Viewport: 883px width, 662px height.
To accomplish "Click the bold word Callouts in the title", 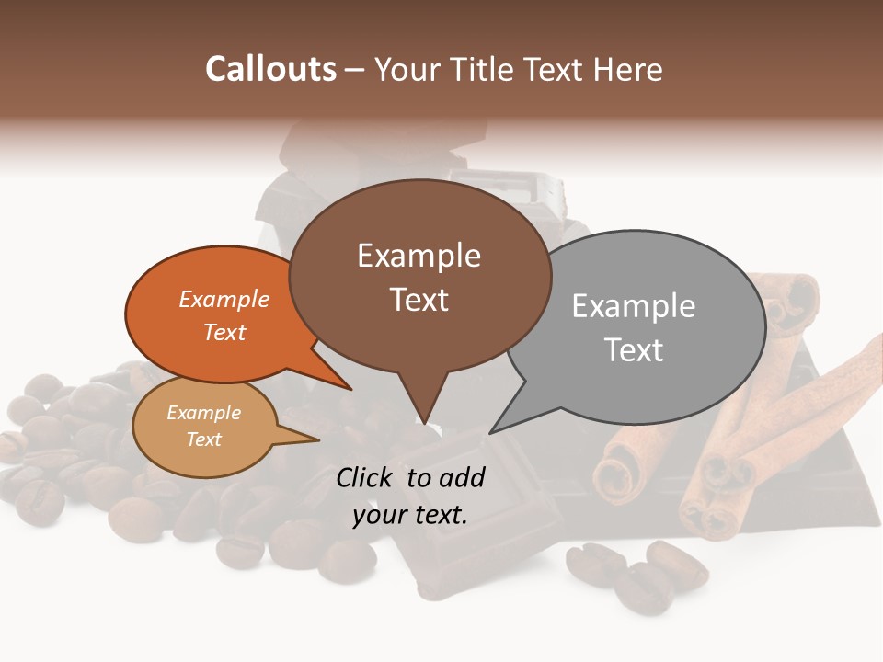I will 270,69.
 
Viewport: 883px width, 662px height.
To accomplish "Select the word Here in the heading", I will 630,69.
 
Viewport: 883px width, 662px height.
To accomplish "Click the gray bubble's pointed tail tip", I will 491,432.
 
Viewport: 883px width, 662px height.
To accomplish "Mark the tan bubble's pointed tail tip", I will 317,440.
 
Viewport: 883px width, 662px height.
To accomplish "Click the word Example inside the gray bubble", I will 634,306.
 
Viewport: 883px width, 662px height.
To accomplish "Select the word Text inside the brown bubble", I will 419,300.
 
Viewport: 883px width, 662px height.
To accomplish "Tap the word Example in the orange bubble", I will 224,300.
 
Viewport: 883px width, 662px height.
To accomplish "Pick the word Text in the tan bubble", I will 204,439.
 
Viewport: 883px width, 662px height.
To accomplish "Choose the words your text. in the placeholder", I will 410,515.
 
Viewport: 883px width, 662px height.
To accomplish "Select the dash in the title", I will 355,70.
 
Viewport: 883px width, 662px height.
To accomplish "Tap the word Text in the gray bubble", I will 635,350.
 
